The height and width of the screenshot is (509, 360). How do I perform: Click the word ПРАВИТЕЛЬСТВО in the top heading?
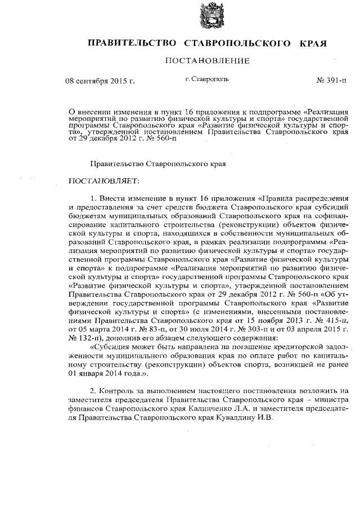(124, 43)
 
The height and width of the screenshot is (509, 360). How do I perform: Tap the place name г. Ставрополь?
(207, 80)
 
